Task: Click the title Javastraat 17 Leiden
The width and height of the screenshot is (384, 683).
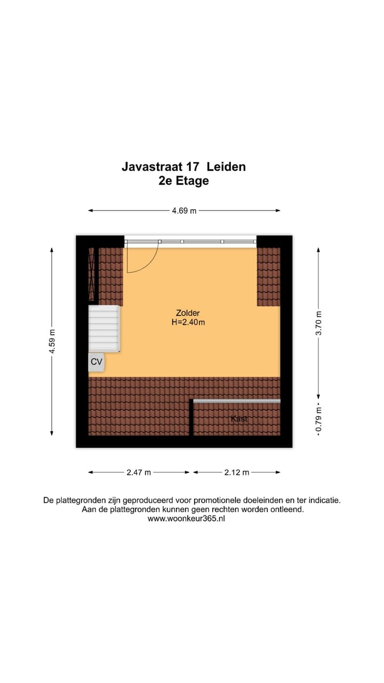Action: point(183,166)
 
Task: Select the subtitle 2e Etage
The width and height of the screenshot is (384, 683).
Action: point(183,181)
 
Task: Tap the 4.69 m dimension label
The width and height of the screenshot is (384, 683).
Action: point(184,211)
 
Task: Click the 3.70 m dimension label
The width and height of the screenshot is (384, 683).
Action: point(318,323)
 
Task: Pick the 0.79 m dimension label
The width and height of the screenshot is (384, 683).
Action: point(318,420)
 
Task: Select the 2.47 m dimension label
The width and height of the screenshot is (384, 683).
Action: point(139,472)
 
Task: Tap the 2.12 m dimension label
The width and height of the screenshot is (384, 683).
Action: point(237,472)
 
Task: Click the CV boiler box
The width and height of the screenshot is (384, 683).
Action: point(97,362)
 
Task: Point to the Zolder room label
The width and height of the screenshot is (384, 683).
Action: point(188,313)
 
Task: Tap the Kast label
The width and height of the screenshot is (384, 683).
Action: point(239,419)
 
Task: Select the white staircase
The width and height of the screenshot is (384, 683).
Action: point(104,328)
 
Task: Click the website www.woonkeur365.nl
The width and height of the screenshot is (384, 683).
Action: point(186,519)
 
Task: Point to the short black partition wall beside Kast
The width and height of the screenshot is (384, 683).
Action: point(191,417)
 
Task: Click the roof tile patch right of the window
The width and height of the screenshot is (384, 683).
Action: point(268,276)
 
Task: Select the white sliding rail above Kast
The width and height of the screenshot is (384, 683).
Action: point(236,401)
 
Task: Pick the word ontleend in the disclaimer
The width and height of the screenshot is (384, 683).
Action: point(288,510)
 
